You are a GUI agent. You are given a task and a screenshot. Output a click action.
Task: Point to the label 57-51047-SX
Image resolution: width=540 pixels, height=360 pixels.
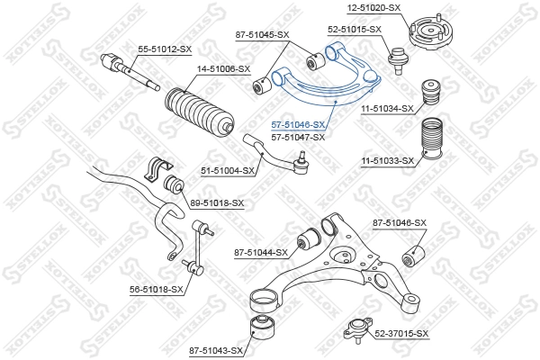(x=299, y=137)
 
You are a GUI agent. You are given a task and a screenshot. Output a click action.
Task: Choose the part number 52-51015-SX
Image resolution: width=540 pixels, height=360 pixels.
(x=355, y=29)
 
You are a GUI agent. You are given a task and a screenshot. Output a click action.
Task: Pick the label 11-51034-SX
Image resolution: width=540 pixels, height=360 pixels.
(x=387, y=109)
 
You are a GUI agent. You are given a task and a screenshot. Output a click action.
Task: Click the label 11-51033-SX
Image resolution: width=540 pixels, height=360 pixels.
(x=387, y=161)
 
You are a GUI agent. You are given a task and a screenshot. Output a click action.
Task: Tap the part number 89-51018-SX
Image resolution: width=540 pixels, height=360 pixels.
(x=217, y=203)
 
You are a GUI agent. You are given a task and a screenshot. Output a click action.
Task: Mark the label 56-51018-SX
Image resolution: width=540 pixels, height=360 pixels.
(x=157, y=290)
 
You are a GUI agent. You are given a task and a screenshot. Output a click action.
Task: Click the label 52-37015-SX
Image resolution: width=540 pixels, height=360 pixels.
(x=401, y=334)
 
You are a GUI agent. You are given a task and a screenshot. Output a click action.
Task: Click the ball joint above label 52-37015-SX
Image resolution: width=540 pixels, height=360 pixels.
(x=355, y=328)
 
